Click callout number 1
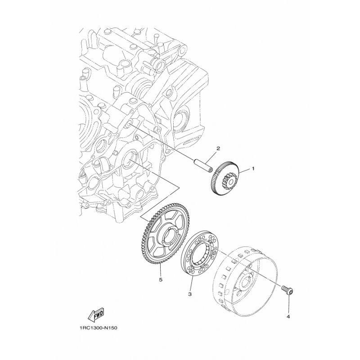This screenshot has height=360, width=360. pos(253,169)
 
